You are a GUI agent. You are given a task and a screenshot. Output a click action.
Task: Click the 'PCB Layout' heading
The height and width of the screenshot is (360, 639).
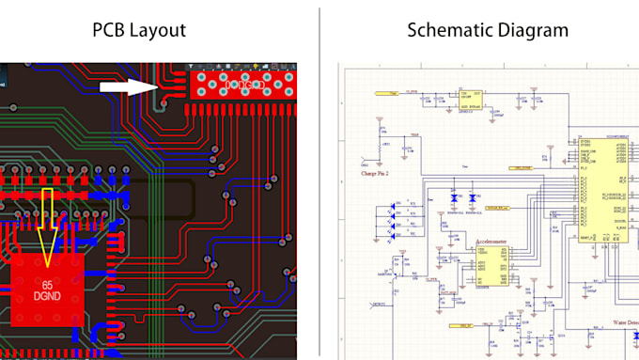138,29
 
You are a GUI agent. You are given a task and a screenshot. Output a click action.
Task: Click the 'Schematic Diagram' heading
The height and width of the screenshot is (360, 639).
488,29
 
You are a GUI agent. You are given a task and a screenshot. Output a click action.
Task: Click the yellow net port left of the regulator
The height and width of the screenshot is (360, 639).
384,94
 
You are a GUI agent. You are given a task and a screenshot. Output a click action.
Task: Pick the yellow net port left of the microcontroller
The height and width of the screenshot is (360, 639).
521,168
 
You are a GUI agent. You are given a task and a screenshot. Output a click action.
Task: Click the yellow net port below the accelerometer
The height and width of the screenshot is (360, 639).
462,326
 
